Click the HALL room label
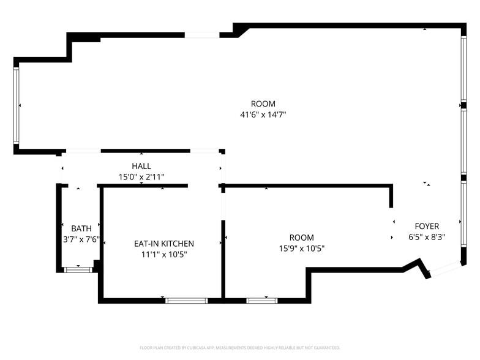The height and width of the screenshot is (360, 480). tap(141, 167)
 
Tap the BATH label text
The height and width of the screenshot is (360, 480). tap(81, 229)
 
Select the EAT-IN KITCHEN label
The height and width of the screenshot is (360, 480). tap(164, 244)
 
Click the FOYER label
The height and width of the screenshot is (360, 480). tap(427, 227)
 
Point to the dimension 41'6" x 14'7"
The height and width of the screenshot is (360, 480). tap(263, 115)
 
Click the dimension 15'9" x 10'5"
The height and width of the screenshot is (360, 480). tap(301, 249)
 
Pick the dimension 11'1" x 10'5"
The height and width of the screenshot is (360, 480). tap(164, 255)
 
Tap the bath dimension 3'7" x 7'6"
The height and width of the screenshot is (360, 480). tap(81, 239)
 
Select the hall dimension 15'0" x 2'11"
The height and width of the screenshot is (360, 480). tap(141, 177)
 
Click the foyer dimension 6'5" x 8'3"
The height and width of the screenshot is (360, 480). tap(427, 238)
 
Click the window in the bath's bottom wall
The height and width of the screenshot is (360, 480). tap(78, 270)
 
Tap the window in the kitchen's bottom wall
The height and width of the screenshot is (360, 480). tap(186, 301)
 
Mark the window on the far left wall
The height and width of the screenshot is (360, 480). tap(16, 105)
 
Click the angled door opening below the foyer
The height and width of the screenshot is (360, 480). tap(446, 269)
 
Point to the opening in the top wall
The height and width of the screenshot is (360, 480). tap(202, 35)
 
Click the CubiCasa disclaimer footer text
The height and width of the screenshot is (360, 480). tap(240, 348)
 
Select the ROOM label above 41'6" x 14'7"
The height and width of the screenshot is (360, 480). tap(263, 104)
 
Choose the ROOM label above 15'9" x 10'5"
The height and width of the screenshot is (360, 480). tap(301, 238)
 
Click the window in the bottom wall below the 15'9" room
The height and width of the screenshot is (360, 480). tap(262, 301)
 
